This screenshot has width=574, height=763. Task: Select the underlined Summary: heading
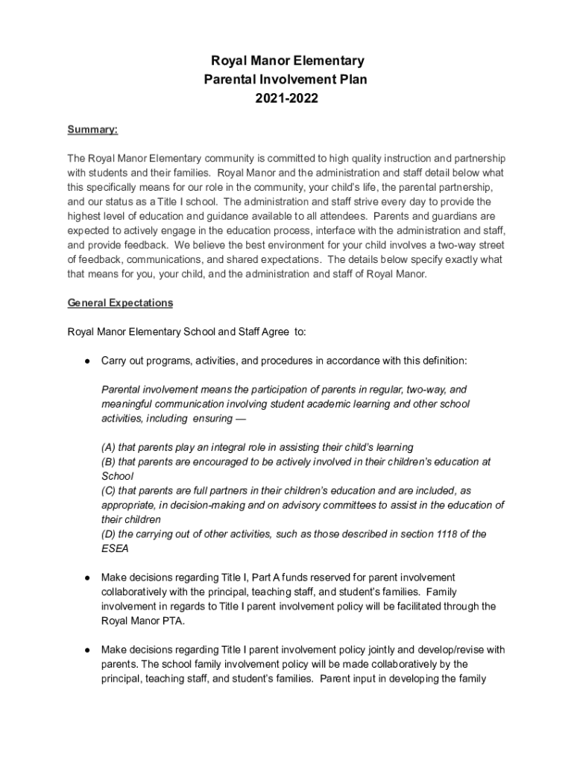pos(92,130)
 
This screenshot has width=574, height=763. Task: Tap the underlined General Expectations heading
pos(120,303)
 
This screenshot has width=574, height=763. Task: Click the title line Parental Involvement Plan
pos(286,79)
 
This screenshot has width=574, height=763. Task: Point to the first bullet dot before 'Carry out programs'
pos(87,361)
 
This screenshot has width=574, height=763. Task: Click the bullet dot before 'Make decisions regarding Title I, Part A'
pos(87,577)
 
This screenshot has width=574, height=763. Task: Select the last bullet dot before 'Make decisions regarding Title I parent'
pos(87,650)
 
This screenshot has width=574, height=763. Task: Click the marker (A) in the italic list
pos(109,448)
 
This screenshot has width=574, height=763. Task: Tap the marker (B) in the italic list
pos(109,462)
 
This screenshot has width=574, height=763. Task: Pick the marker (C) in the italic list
pos(109,491)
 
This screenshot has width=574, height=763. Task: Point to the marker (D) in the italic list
pos(109,534)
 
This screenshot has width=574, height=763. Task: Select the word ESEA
pos(115,549)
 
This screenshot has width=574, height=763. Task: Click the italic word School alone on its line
pos(117,476)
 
